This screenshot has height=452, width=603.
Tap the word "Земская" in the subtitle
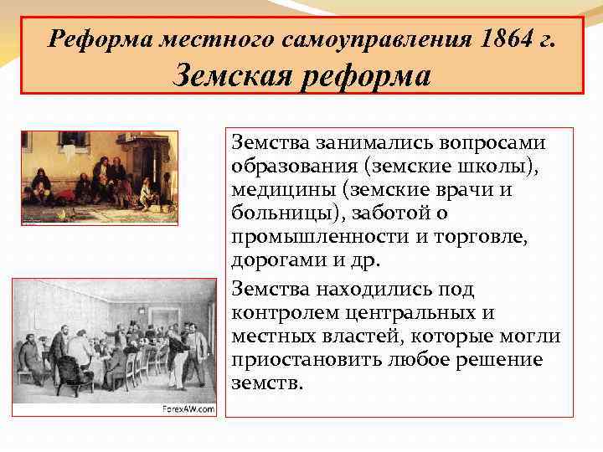point(224,77)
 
